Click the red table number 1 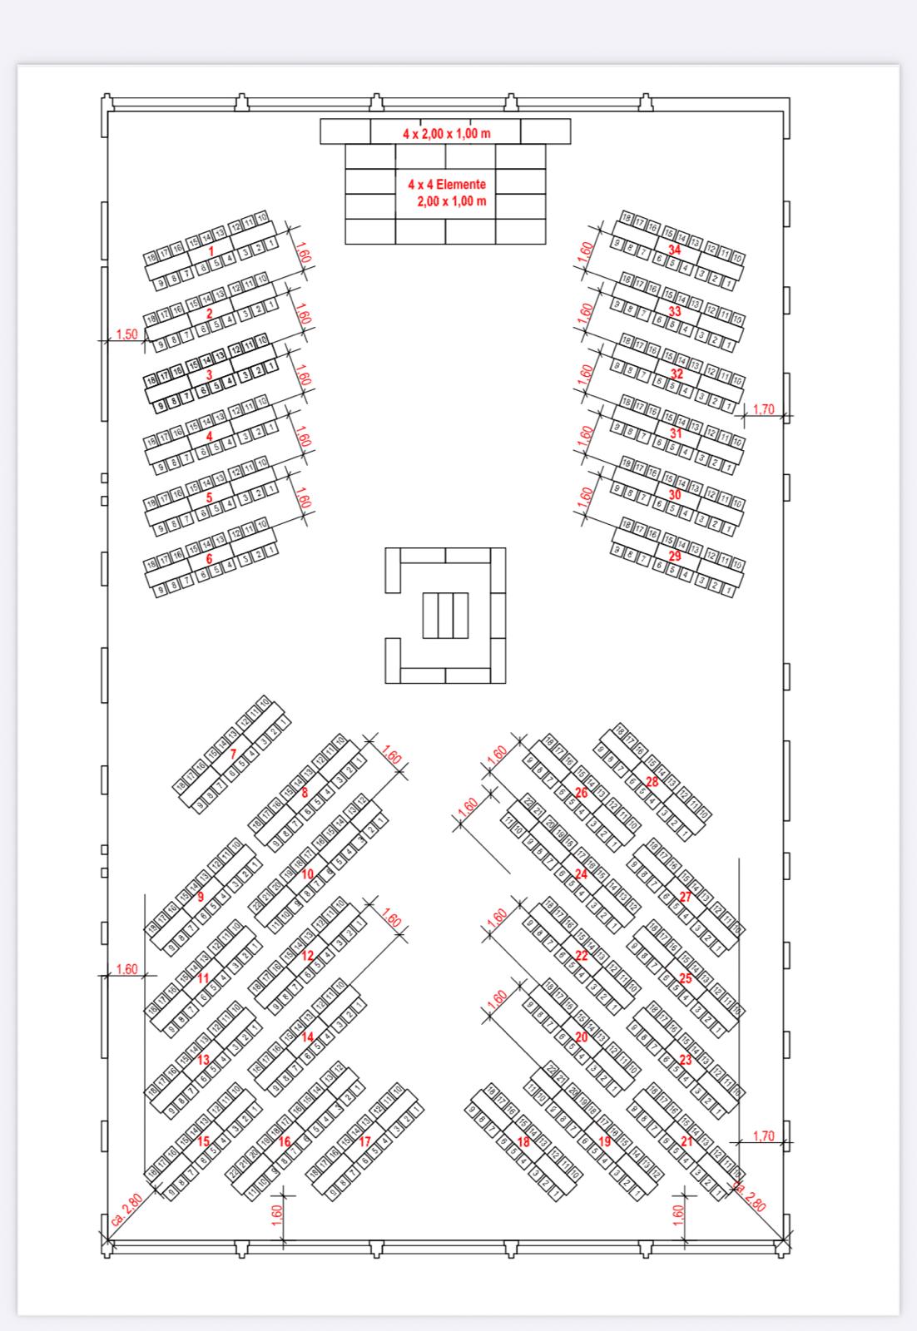tap(211, 250)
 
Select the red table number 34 tap(675, 250)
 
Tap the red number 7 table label tap(233, 754)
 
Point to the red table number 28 tap(652, 782)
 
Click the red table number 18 tap(524, 1142)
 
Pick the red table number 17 tap(364, 1142)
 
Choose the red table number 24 tap(581, 874)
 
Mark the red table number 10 tap(308, 874)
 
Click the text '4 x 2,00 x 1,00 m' tap(447, 133)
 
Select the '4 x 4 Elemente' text tap(447, 185)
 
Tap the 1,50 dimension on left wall tap(126, 334)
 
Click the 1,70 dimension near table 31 tap(763, 409)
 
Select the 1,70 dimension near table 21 tap(763, 1136)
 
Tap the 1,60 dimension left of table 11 tap(126, 969)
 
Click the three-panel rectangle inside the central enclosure tap(445, 615)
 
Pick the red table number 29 tap(675, 556)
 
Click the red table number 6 tap(210, 559)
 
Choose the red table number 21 tap(687, 1142)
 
